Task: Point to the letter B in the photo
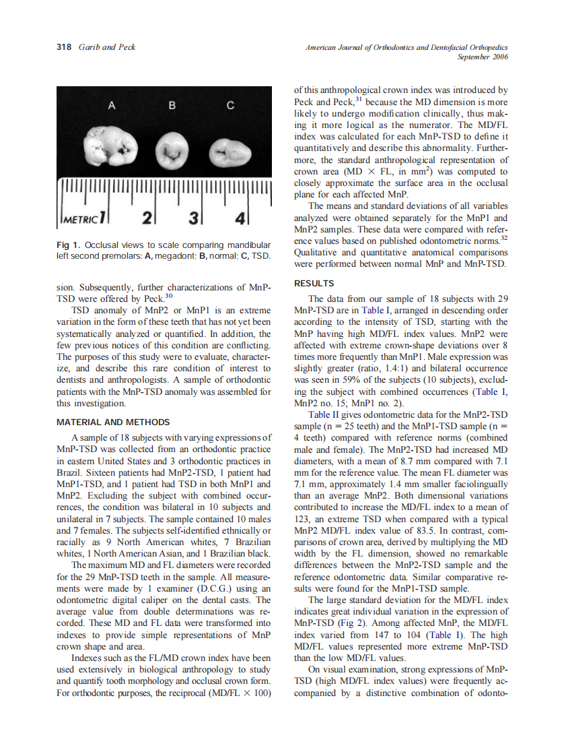[x=172, y=106]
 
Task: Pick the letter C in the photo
[x=230, y=106]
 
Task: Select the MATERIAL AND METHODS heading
[x=113, y=422]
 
